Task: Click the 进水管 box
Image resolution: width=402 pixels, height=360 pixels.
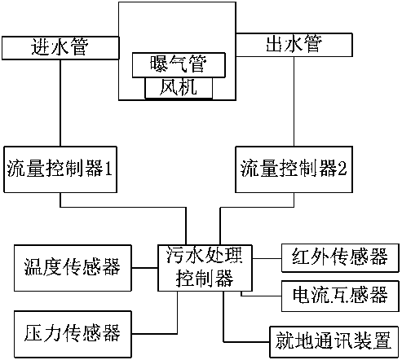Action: (x=60, y=48)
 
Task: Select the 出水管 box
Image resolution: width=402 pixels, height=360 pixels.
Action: (x=294, y=45)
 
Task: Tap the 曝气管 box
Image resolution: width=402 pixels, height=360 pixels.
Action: (x=179, y=65)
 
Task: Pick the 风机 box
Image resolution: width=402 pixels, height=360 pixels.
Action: (x=179, y=88)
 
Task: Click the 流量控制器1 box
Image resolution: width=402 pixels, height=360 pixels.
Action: (x=60, y=169)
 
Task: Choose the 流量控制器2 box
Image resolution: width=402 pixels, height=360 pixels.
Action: (x=294, y=169)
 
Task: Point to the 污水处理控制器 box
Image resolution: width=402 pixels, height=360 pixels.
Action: (x=205, y=268)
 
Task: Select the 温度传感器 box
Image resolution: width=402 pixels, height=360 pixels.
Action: (x=73, y=268)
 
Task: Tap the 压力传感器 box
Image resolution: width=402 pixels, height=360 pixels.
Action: (x=73, y=334)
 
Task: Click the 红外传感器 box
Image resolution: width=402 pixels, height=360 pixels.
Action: (x=340, y=258)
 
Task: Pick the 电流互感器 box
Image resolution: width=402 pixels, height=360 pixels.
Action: (x=340, y=296)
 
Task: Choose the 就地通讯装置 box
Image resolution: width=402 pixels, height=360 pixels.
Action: (x=334, y=342)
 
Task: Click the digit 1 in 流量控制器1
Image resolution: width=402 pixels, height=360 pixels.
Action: (x=108, y=168)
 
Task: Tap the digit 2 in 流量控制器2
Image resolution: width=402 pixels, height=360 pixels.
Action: (x=342, y=168)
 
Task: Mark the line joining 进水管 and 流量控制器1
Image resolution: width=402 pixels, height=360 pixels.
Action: (x=60, y=103)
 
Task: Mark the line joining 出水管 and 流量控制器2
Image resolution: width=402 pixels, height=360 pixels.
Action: (x=294, y=102)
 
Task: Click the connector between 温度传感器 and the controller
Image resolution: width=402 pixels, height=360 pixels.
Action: (x=145, y=268)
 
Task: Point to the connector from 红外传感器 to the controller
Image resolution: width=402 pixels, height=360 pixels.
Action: (x=267, y=258)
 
